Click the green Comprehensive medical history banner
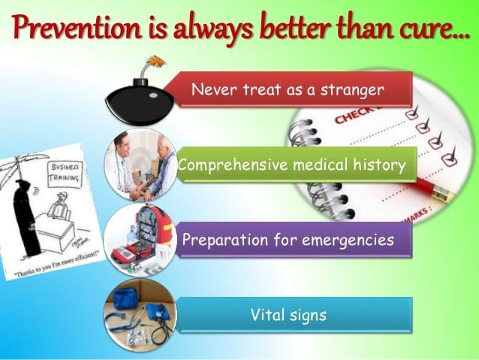(294, 164)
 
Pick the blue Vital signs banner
(288, 315)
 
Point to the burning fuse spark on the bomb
(156, 61)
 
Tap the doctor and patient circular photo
(140, 165)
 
